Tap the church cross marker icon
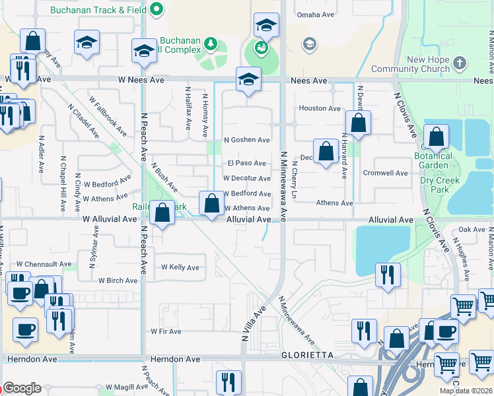[460, 63]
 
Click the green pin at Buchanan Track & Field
[157, 9]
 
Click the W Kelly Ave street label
[180, 267]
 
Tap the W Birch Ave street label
[118, 280]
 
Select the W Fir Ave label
[166, 331]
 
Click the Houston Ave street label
[320, 108]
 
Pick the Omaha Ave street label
[316, 15]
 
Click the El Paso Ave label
[246, 163]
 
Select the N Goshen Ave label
[247, 140]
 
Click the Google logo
[22, 388]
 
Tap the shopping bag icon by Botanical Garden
[436, 137]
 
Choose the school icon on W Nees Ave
[248, 80]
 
